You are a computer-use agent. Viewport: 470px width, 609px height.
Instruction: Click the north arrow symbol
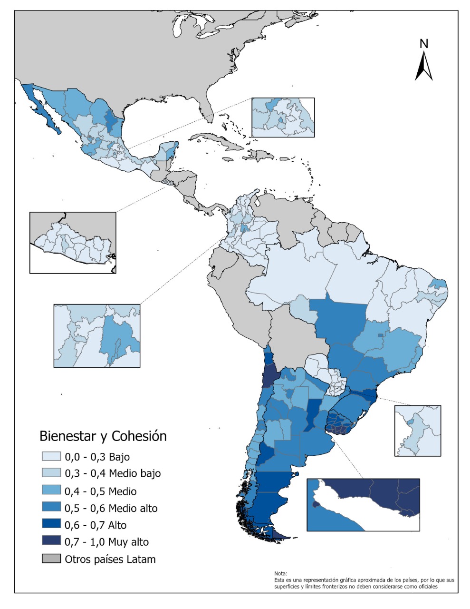tap(423, 67)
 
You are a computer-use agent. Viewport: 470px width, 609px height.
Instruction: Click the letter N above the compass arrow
tap(424, 44)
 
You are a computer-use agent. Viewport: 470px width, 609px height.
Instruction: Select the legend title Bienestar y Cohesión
tap(103, 436)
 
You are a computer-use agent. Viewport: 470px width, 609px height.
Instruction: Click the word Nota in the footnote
tap(281, 574)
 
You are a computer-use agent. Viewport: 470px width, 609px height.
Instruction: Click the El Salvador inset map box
tap(73, 243)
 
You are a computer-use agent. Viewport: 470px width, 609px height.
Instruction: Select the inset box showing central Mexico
tap(283, 118)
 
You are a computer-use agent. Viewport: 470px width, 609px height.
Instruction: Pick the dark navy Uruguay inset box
tap(363, 504)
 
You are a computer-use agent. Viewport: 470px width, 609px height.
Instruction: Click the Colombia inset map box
tap(97, 336)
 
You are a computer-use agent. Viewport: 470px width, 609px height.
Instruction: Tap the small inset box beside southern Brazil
tap(417, 431)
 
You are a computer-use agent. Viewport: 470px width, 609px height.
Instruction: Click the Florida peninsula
tap(205, 100)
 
